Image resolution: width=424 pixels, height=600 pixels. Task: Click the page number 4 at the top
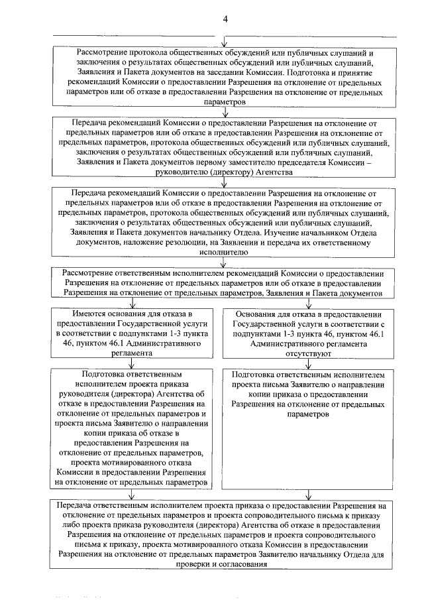(225, 18)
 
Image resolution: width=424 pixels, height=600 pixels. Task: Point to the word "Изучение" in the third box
(288, 233)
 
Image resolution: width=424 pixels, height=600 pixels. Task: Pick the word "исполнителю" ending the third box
(225, 253)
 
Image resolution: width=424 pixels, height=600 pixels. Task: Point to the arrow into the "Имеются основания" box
(133, 302)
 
